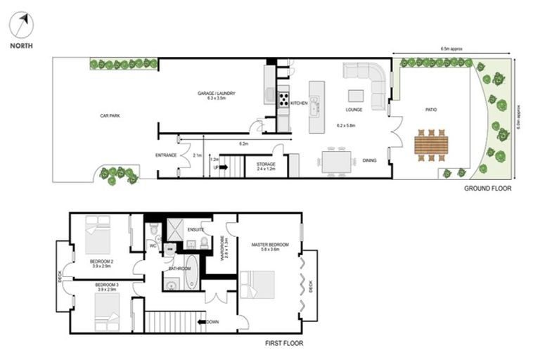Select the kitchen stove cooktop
tap(284, 99)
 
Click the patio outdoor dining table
tap(430, 145)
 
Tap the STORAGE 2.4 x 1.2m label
tap(266, 167)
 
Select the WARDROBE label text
tap(223, 248)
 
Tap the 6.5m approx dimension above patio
tap(451, 49)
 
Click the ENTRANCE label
tap(166, 155)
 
